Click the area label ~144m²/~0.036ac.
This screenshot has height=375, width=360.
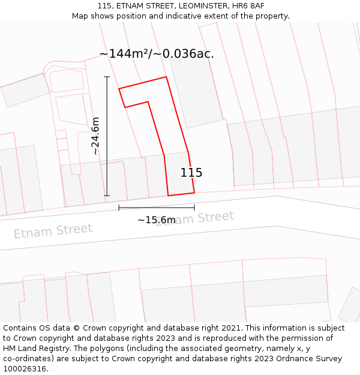(157, 53)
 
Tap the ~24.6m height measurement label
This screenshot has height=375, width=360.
(95, 136)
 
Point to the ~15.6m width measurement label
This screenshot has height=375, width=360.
(156, 220)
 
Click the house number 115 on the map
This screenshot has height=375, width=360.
(191, 173)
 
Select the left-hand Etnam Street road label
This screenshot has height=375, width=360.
(53, 230)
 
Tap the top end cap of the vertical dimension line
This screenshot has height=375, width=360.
(107, 77)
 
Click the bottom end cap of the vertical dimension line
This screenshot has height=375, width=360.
(107, 196)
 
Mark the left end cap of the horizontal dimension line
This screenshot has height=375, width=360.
(119, 208)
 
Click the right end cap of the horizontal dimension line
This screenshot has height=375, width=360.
(194, 208)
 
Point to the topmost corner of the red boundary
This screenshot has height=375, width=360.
(166, 77)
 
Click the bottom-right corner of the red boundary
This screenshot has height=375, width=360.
(194, 193)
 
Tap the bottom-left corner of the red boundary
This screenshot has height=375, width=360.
(168, 196)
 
